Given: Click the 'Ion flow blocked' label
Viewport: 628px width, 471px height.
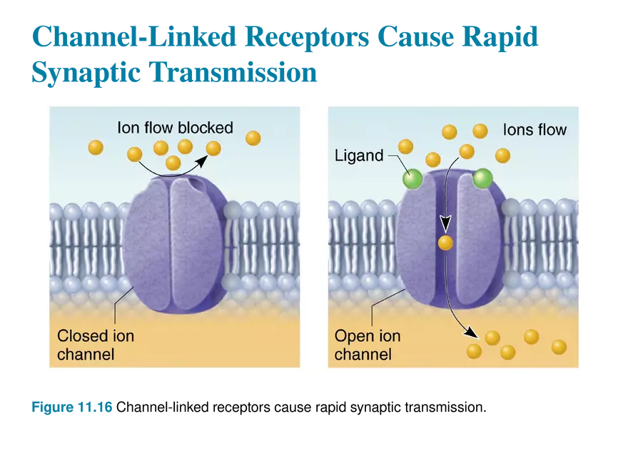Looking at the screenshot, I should pyautogui.click(x=175, y=128).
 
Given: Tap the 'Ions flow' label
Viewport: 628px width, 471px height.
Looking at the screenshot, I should pyautogui.click(x=535, y=129).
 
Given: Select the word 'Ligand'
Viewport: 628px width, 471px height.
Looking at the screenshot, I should pyautogui.click(x=359, y=156).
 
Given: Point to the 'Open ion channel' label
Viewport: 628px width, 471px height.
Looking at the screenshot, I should pyautogui.click(x=368, y=344).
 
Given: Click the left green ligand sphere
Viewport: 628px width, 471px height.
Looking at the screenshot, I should pyautogui.click(x=412, y=178).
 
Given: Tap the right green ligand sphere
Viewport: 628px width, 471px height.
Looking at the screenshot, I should pyautogui.click(x=482, y=178).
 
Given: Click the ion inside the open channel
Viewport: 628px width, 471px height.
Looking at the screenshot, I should pyautogui.click(x=446, y=243).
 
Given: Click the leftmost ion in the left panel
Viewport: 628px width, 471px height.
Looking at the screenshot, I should pyautogui.click(x=96, y=147).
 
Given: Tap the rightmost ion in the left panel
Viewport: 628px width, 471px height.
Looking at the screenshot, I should pyautogui.click(x=253, y=137).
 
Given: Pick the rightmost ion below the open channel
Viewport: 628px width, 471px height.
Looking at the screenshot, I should pyautogui.click(x=559, y=347).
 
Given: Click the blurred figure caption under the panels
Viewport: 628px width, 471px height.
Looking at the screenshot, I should pyautogui.click(x=71, y=409).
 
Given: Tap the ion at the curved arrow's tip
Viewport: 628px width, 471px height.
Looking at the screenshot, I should pyautogui.click(x=213, y=148).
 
